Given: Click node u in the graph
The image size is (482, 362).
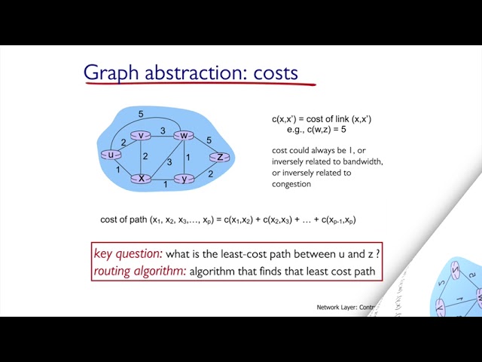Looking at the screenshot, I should coord(111,155).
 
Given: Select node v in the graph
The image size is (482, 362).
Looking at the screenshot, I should coord(141,136).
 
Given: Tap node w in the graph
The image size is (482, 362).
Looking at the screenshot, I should coord(183,136).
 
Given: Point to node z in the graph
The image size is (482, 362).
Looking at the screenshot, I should coord(220,157).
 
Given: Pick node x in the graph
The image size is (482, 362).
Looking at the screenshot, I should coord(141,179).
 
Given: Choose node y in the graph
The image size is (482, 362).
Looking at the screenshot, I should coord(184,179).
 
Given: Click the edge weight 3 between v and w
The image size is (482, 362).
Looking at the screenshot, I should coord(162,130).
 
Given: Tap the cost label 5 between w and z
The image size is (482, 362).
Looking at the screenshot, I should coord(209,140).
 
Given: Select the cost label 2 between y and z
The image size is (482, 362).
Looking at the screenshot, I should coord(210,173).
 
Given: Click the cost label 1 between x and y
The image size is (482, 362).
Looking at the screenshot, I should coord(166,184).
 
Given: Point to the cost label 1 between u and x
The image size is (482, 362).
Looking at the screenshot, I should coord(118,170).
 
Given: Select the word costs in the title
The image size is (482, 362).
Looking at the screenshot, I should coord(276,73).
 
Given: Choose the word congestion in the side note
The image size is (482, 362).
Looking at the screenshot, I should coord(291,184).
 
